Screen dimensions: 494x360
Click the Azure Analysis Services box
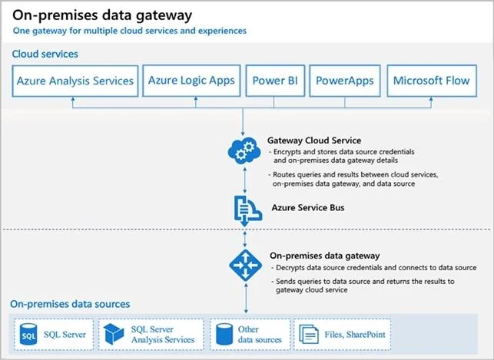[75, 81]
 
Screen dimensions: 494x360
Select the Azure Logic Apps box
[191, 81]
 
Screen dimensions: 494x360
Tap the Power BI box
[275, 81]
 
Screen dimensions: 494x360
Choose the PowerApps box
[345, 81]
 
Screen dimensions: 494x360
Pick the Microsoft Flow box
[432, 81]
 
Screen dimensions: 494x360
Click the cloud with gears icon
[244, 150]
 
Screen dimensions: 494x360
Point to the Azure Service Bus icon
[248, 210]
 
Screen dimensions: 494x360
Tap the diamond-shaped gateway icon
[245, 266]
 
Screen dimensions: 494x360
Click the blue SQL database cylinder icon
[28, 335]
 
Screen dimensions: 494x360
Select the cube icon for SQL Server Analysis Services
[114, 334]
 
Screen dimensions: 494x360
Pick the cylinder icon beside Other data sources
[224, 334]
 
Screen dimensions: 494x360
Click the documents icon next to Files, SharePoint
[309, 334]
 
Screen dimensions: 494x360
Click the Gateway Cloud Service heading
[314, 140]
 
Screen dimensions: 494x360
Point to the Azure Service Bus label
[308, 208]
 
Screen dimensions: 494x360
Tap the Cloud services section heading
[45, 54]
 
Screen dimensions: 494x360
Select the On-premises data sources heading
[70, 304]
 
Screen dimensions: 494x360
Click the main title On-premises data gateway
[102, 15]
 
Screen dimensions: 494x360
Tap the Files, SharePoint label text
[355, 335]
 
